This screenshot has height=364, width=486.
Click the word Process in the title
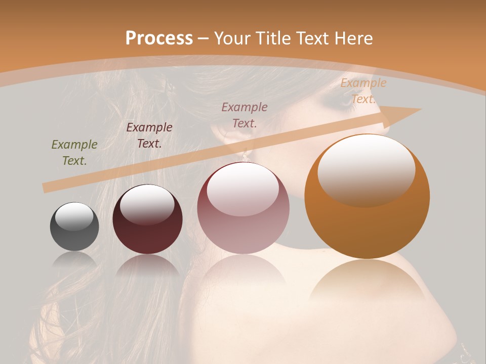[159, 38]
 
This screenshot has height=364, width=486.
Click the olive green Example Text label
[74, 152]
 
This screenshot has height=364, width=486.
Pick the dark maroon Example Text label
[149, 135]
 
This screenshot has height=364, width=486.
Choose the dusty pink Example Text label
[245, 115]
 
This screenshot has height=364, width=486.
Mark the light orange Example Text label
[363, 91]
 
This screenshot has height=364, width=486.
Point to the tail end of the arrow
[47, 188]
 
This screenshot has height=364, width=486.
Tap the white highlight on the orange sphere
[366, 169]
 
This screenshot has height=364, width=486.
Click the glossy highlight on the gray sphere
[74, 216]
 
